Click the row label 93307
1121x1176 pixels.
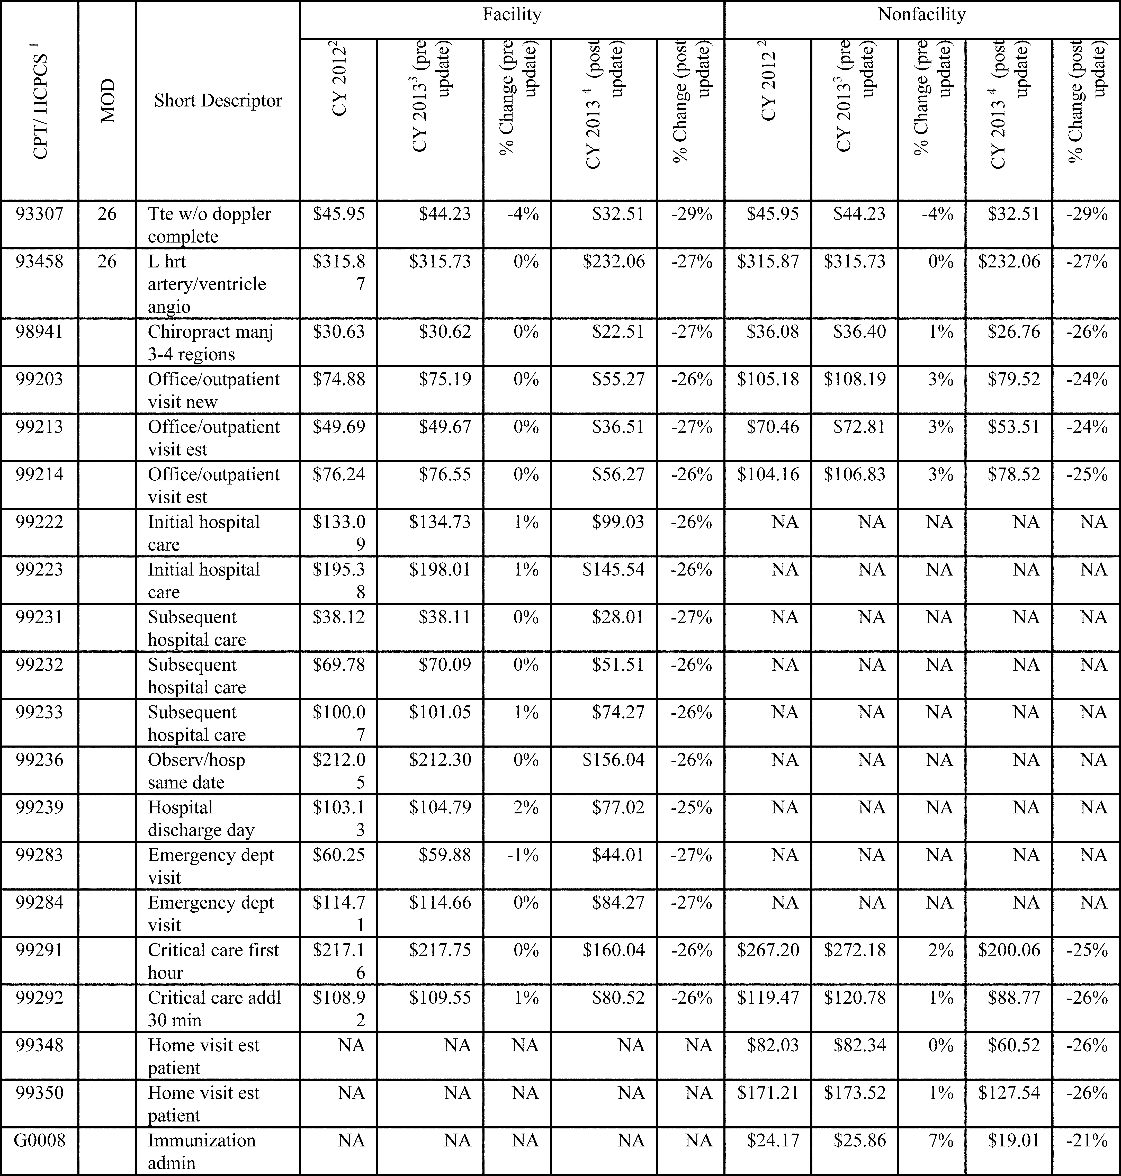(39, 214)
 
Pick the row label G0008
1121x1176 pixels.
(39, 1140)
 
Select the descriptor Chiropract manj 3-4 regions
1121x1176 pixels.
(210, 342)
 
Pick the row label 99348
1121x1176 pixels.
(39, 1045)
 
